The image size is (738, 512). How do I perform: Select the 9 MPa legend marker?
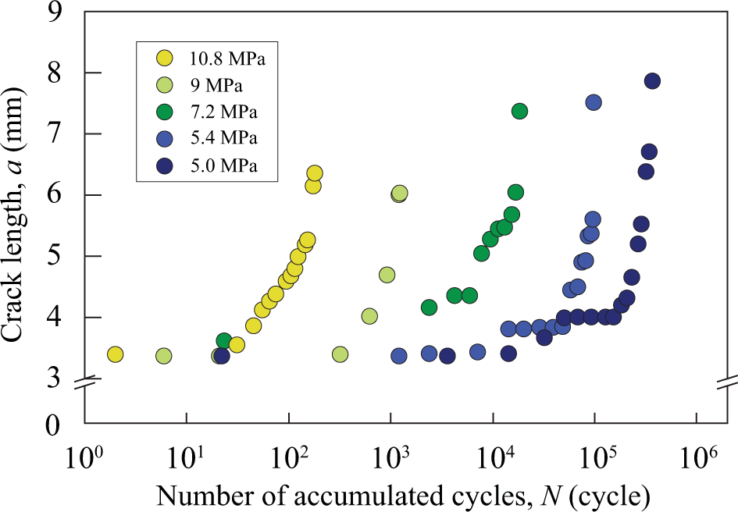click(x=165, y=84)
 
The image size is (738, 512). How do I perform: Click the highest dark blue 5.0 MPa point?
click(x=652, y=81)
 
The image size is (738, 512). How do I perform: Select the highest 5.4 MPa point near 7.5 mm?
click(x=594, y=102)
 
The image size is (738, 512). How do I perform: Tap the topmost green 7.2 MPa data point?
click(x=519, y=111)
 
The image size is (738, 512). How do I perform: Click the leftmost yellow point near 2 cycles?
click(x=115, y=354)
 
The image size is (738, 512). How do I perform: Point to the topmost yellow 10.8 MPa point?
click(x=315, y=173)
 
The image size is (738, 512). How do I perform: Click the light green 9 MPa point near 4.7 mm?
click(x=387, y=275)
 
